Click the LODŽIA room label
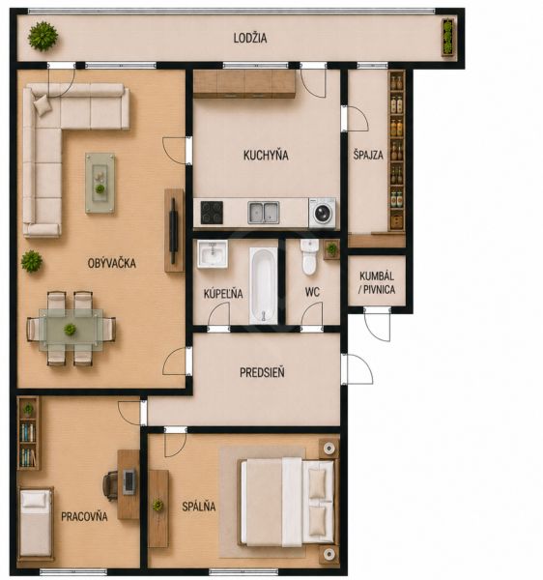click(x=250, y=38)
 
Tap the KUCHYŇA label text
click(x=266, y=155)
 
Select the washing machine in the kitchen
click(x=323, y=213)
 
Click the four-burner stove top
click(x=212, y=213)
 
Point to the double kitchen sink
click(x=264, y=213)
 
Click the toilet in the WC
click(x=309, y=257)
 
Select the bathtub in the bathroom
click(x=263, y=285)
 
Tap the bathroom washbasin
click(x=213, y=253)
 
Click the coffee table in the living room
click(x=100, y=183)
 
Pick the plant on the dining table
click(x=70, y=330)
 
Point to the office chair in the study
click(x=110, y=485)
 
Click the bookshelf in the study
click(x=28, y=433)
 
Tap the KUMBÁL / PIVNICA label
click(x=377, y=282)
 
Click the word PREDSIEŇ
click(x=262, y=372)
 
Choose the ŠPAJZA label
click(x=368, y=155)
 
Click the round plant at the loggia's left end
click(x=43, y=37)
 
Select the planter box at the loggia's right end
click(x=448, y=37)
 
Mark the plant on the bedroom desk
click(x=157, y=505)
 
